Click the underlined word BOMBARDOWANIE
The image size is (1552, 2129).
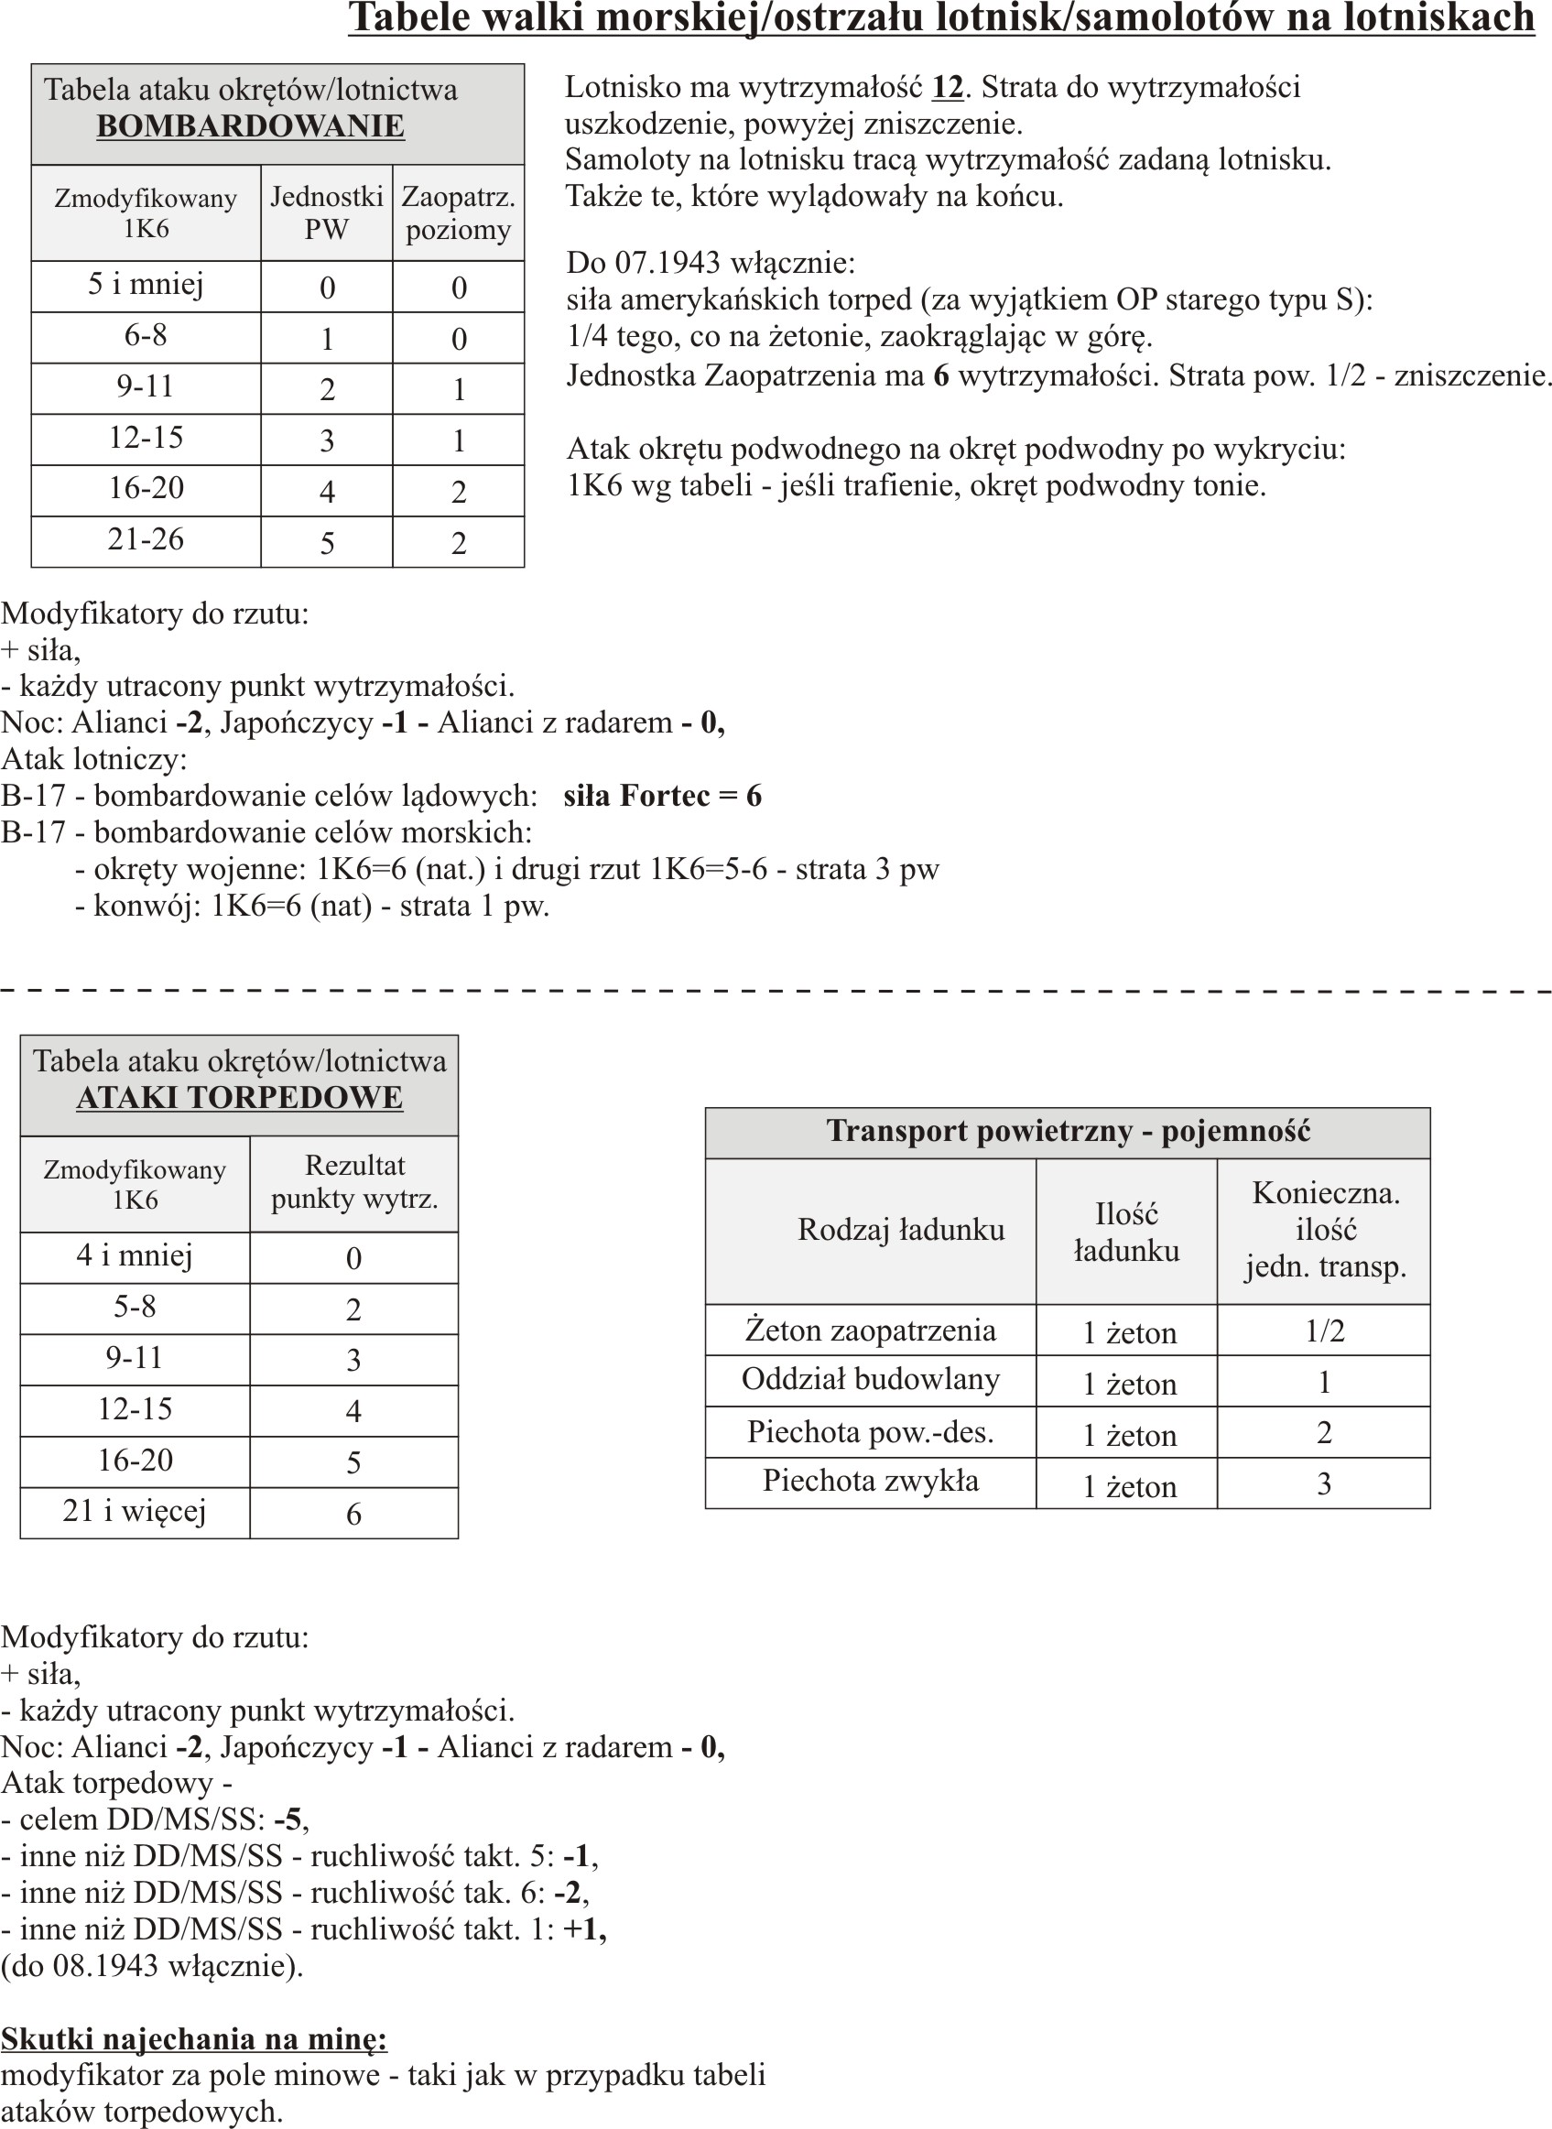[x=250, y=125]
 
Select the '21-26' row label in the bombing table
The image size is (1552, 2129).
[x=146, y=539]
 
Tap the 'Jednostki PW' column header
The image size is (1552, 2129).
[x=326, y=213]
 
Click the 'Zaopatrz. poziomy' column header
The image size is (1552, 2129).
[x=458, y=213]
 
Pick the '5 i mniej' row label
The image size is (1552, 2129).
[x=146, y=285]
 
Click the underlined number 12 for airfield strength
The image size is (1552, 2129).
[x=947, y=87]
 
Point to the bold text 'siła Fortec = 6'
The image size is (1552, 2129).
[x=662, y=796]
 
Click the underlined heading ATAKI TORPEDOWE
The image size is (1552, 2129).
[x=240, y=1097]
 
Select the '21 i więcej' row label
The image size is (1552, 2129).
[x=135, y=1511]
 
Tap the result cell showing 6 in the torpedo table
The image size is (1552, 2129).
[x=353, y=1514]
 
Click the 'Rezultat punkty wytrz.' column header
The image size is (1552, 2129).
[x=354, y=1182]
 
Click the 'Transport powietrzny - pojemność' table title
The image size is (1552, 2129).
[x=1068, y=1131]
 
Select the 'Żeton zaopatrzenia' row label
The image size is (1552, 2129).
[x=870, y=1331]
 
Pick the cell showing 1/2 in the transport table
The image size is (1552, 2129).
[x=1325, y=1331]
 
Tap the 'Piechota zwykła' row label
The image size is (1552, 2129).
[x=870, y=1481]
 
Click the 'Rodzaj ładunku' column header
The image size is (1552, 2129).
[x=901, y=1229]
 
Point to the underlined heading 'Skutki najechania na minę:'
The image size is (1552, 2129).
[x=193, y=2039]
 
